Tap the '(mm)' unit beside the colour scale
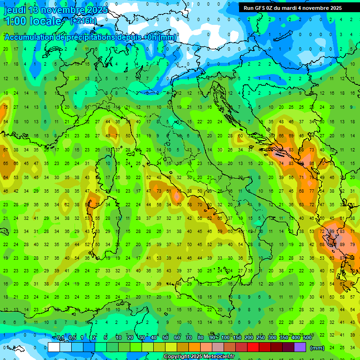click(x=317, y=348)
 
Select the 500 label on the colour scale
click(x=307, y=337)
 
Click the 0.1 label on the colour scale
click(x=60, y=337)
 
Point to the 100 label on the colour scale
click(x=225, y=337)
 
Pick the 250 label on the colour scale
click(x=260, y=337)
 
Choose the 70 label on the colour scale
click(x=189, y=337)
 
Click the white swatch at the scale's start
click(x=54, y=347)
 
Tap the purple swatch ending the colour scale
click(x=300, y=347)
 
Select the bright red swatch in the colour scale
click(x=253, y=347)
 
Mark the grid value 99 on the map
click(x=332, y=232)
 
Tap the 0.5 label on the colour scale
click(x=72, y=337)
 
